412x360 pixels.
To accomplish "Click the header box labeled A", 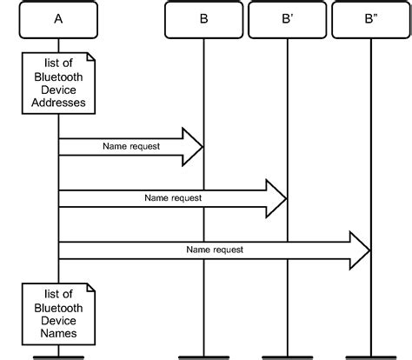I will [58, 18].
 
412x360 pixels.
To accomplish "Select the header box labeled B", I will [203, 18].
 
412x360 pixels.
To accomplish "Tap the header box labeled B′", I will [287, 18].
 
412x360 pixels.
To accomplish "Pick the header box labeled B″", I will [371, 18].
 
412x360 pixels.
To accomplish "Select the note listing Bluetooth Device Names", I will [58, 310].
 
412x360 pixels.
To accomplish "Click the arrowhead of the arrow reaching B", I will [192, 146].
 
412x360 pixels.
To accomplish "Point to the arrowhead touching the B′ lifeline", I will [276, 198].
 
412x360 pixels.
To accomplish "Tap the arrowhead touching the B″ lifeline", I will [359, 250].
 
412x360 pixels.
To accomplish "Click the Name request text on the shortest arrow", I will [131, 146].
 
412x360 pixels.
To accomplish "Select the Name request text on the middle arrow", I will [173, 198].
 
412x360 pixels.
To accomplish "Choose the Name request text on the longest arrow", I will [215, 250].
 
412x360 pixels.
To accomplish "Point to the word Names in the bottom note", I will [58, 331].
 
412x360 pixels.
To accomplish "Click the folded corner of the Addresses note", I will [88, 57].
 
